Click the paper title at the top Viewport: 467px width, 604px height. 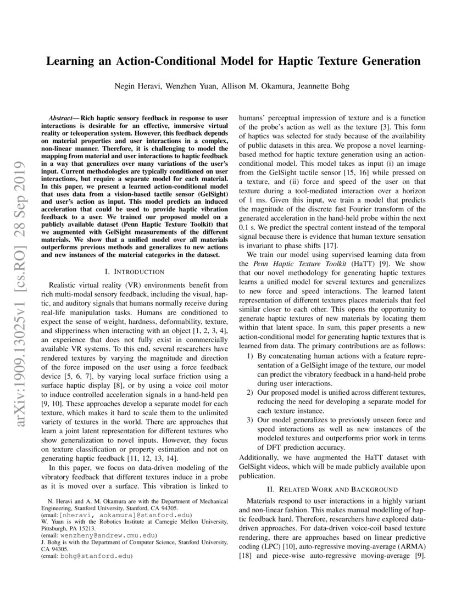point(233,61)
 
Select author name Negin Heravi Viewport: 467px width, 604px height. point(137,86)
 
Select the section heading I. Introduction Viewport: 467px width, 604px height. point(134,271)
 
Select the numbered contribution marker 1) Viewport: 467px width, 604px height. point(249,355)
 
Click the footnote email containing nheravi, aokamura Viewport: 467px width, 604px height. point(107,516)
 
